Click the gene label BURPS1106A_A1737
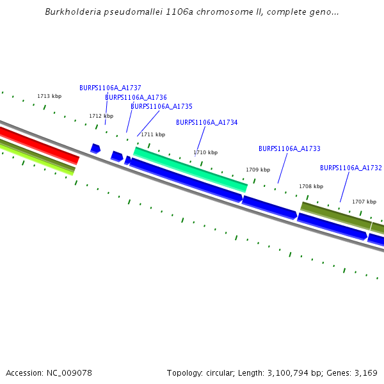pyautogui.click(x=110, y=88)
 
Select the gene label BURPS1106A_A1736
pyautogui.click(x=136, y=97)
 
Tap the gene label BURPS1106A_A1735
pyautogui.click(x=161, y=106)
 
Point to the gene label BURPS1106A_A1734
pyautogui.click(x=207, y=122)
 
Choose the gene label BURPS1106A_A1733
pyautogui.click(x=289, y=148)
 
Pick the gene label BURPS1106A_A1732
pyautogui.click(x=351, y=168)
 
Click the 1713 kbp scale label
pyautogui.click(x=49, y=96)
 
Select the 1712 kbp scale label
pyautogui.click(x=101, y=116)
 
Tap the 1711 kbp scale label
pyautogui.click(x=153, y=134)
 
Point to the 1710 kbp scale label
pyautogui.click(x=205, y=152)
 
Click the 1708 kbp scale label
pyautogui.click(x=311, y=186)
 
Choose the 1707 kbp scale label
pyautogui.click(x=364, y=202)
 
